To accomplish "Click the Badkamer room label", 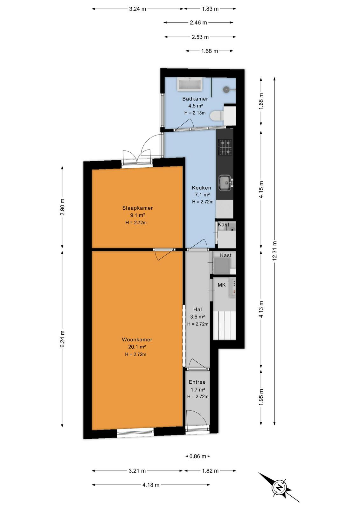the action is pyautogui.click(x=195, y=99).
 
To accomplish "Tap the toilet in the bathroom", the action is pyautogui.click(x=217, y=116).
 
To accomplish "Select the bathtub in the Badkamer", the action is pyautogui.click(x=190, y=85).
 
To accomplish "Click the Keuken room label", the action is pyautogui.click(x=201, y=188).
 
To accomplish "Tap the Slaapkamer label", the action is pyautogui.click(x=137, y=208).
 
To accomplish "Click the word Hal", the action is pyautogui.click(x=197, y=309).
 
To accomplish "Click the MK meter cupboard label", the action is pyautogui.click(x=222, y=285).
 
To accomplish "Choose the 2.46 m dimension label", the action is pyautogui.click(x=198, y=23).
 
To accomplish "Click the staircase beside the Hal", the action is pyautogui.click(x=224, y=325).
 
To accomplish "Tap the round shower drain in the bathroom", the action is pyautogui.click(x=226, y=89).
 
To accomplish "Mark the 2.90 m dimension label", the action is pyautogui.click(x=62, y=207).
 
